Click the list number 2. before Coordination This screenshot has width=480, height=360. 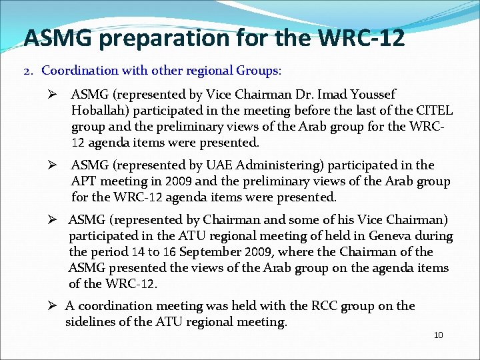[x=29, y=71]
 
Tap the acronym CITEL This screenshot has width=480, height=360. [x=434, y=111]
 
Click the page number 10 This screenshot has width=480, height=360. [x=438, y=335]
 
